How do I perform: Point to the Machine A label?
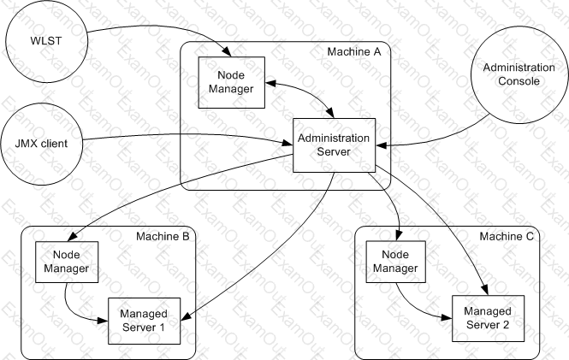click(354, 52)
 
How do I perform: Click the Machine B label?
click(163, 236)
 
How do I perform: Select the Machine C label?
click(507, 236)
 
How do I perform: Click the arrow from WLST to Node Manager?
click(163, 27)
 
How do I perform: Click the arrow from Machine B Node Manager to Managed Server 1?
click(74, 312)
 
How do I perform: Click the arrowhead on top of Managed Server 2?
click(485, 290)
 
